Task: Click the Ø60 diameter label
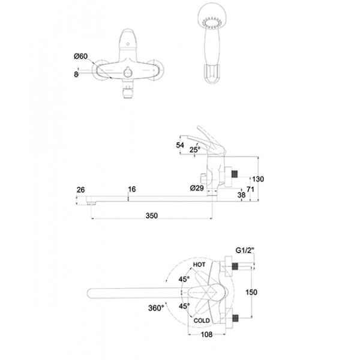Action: tap(81, 56)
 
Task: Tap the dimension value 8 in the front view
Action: tap(76, 74)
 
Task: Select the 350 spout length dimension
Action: tap(152, 215)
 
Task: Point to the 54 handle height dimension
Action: tap(180, 145)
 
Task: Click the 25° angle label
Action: tap(195, 149)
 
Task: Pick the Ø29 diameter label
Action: tap(197, 188)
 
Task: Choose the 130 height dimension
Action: tap(258, 179)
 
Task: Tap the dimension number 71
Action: tap(250, 190)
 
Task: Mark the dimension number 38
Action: tap(241, 195)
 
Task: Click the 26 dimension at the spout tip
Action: tap(80, 190)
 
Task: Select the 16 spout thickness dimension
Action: tap(132, 189)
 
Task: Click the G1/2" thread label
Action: tap(245, 250)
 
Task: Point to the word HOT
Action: tap(199, 265)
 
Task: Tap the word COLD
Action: tap(202, 320)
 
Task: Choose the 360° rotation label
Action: tap(157, 308)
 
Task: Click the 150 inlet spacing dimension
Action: tap(251, 292)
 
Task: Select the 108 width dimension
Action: tap(206, 335)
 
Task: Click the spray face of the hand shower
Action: tap(212, 24)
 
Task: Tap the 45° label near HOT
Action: tap(184, 279)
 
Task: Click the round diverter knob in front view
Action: tap(128, 73)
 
